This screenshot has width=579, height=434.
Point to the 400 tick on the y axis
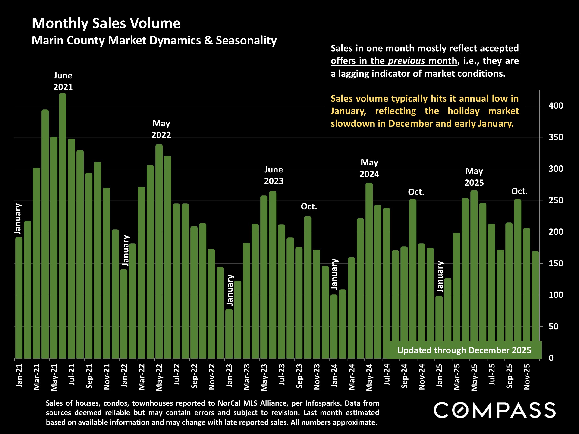[x=556, y=106]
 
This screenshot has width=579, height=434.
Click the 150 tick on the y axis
[x=556, y=263]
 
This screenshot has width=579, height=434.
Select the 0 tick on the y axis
[x=551, y=358]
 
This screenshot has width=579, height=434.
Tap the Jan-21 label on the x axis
[x=19, y=376]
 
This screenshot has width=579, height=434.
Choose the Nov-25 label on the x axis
[x=527, y=377]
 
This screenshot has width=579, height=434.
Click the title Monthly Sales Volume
[x=106, y=23]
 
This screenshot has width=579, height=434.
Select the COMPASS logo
[x=494, y=410]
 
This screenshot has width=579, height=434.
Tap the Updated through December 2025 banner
[x=464, y=350]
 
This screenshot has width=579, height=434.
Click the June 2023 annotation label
[x=274, y=175]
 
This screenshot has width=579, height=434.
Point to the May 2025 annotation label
[x=474, y=177]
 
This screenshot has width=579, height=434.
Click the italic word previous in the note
[x=406, y=61]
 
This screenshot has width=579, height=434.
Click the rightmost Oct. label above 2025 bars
[x=519, y=191]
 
